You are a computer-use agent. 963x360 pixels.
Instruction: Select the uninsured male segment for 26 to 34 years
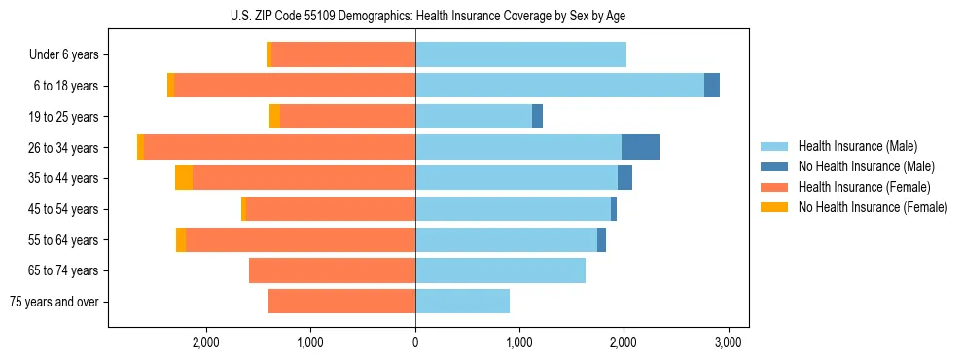640,147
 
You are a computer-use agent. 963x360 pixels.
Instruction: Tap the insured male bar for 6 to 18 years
559,86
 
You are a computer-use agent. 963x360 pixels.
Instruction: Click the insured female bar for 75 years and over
341,302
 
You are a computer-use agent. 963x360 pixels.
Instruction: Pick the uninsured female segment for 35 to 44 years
184,178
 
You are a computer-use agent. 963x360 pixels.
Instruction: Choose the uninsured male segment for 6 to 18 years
712,86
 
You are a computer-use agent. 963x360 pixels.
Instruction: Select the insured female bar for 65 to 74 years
332,270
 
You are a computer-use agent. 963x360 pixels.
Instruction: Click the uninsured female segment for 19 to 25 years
274,117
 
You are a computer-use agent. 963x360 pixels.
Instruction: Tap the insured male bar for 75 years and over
462,302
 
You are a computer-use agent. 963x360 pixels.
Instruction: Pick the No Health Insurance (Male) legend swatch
774,166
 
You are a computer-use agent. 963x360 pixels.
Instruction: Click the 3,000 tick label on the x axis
729,342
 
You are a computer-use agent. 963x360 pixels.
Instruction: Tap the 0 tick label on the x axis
415,342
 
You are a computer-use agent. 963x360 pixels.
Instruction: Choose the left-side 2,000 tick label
206,342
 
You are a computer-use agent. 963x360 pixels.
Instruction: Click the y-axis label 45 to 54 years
64,209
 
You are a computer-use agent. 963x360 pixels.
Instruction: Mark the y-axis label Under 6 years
64,55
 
